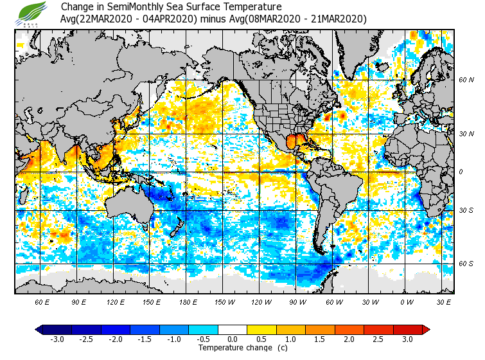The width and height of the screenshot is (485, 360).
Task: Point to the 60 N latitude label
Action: pos(466,80)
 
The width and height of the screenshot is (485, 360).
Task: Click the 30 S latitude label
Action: pos(466,211)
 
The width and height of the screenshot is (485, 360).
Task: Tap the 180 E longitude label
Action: pos(188,302)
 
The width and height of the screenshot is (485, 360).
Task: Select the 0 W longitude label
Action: pos(406,302)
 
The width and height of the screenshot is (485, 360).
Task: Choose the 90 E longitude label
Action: pos(78,302)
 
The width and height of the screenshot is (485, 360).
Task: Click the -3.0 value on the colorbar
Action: pos(58,339)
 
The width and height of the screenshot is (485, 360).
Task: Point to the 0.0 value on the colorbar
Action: pos(233,339)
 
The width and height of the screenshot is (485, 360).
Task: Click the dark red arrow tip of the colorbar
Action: pos(426,330)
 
